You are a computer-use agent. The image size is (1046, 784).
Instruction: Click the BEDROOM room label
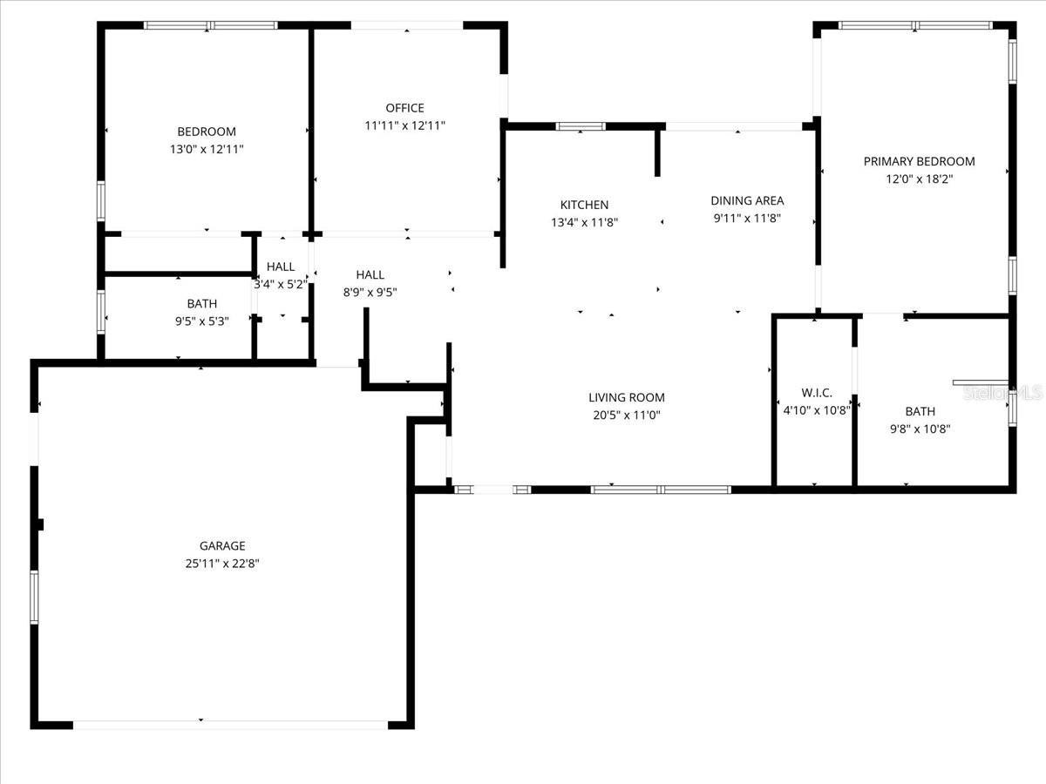pos(207,132)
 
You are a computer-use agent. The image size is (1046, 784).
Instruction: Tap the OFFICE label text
pos(404,108)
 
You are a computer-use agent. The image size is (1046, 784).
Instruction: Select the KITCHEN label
pos(584,205)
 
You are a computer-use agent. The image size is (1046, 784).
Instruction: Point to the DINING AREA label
pos(747,201)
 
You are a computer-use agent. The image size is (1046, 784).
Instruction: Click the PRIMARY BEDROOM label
pos(920,161)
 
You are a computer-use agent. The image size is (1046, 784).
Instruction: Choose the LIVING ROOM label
pos(627,397)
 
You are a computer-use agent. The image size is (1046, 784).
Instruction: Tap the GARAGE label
pos(222,545)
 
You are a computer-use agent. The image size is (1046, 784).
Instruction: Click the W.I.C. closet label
pos(817,393)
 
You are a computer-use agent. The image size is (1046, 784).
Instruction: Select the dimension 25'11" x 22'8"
pos(222,564)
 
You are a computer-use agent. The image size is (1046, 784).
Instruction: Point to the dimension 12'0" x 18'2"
pos(920,179)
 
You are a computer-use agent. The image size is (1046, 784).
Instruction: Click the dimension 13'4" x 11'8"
pos(584,222)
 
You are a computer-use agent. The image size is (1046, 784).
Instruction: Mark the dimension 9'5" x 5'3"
pos(202,321)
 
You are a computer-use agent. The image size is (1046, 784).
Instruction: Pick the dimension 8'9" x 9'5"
pos(370,293)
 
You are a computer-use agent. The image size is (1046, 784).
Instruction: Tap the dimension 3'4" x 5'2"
pos(281,285)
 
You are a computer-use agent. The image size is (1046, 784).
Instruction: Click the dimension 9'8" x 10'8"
pos(920,429)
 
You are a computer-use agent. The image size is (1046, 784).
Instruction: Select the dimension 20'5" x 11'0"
pos(627,416)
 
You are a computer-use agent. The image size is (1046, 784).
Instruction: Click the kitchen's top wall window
pos(581,126)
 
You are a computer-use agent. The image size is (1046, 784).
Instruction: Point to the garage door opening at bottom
pos(230,725)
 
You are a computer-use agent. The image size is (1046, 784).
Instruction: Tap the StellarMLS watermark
pos(1002,393)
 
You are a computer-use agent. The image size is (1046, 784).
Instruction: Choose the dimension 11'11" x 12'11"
pos(404,125)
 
